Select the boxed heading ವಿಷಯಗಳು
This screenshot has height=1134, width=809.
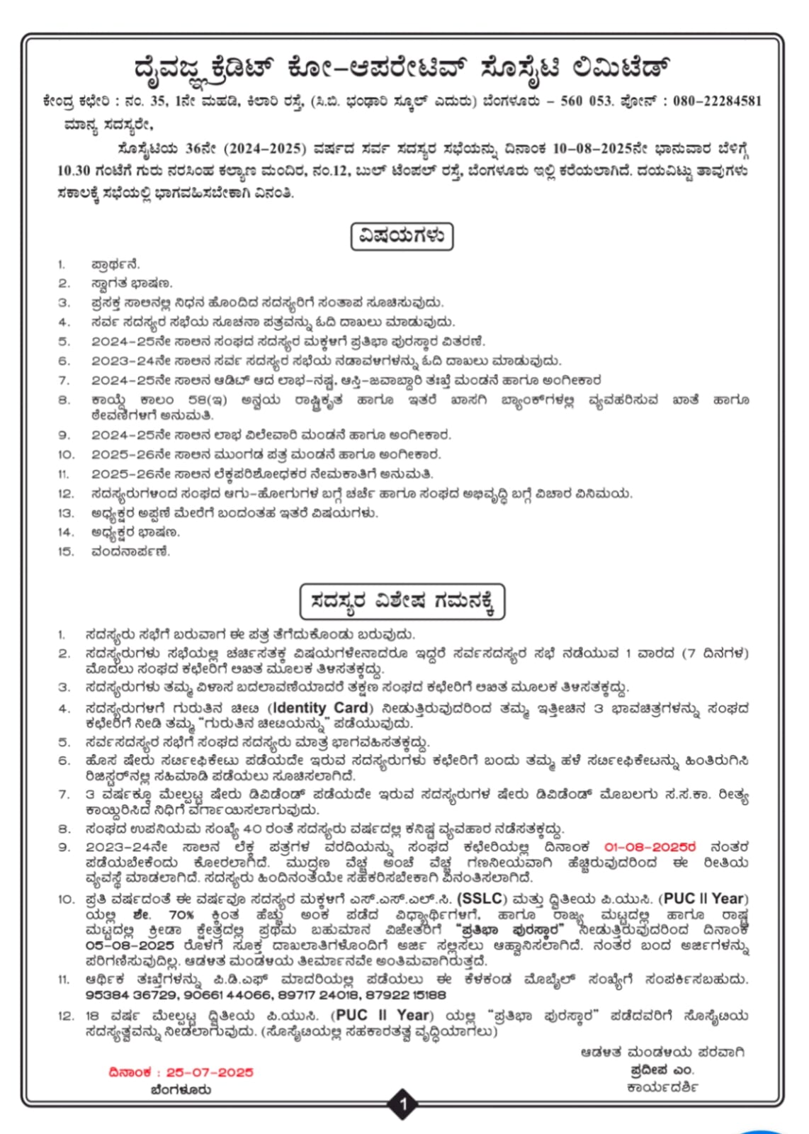(x=402, y=236)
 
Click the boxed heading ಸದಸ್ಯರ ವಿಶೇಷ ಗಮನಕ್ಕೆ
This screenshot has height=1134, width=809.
(x=402, y=602)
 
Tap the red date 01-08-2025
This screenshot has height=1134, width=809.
(x=650, y=847)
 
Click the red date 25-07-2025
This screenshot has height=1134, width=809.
(x=210, y=1072)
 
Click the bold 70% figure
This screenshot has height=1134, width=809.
(x=181, y=915)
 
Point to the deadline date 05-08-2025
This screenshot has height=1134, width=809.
(x=130, y=946)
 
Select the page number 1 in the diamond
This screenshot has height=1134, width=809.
(x=404, y=1104)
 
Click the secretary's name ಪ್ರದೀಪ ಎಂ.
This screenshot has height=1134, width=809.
(x=662, y=1070)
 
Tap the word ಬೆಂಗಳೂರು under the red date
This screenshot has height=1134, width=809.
(x=181, y=1089)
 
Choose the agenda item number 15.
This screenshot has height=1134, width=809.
(x=65, y=551)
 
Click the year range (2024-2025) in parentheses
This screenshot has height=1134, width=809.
(x=266, y=150)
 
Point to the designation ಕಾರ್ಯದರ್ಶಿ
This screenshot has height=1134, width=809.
(x=662, y=1087)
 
